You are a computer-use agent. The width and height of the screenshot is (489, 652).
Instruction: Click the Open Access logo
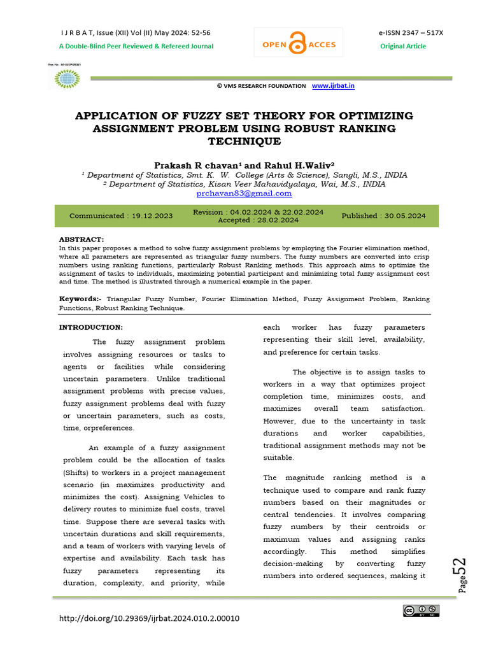[298, 45]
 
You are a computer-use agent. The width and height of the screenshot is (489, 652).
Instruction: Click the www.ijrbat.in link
[333, 85]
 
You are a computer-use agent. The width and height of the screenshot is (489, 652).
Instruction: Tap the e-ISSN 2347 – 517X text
[402, 32]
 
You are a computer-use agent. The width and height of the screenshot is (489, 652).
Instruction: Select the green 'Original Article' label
[403, 46]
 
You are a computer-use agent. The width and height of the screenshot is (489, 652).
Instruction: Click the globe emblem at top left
[65, 78]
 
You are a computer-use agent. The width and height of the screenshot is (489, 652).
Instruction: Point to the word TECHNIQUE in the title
[244, 141]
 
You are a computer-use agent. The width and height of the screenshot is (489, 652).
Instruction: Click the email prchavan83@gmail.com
[244, 193]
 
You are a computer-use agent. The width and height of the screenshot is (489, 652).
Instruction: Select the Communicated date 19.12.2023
[121, 216]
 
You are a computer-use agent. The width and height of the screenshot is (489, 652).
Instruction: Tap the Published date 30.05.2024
[383, 216]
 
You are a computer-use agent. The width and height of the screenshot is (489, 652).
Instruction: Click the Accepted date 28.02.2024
[258, 220]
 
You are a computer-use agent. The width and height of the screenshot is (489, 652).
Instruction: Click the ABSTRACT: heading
[81, 239]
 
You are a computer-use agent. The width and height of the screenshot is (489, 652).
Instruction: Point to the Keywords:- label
[80, 299]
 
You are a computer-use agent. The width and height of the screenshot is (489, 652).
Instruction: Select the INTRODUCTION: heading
[91, 327]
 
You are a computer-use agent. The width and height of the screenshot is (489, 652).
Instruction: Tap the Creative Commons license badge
[421, 611]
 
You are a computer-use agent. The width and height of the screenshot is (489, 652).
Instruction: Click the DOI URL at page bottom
[150, 618]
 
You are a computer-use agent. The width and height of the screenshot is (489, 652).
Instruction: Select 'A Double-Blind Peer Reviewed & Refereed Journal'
[136, 46]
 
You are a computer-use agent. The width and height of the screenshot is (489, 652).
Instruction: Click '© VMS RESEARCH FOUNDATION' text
[261, 86]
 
